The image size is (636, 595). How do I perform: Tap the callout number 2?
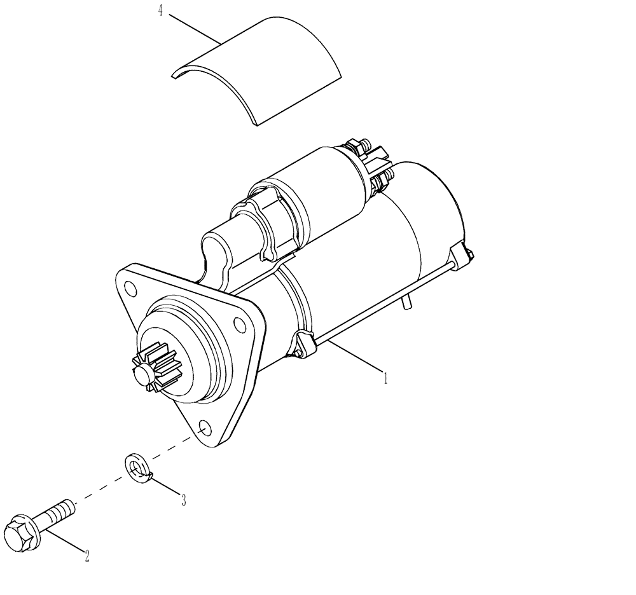tap(86, 556)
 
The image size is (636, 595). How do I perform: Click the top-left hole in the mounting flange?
tap(130, 289)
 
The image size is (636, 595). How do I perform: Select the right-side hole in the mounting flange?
tap(240, 326)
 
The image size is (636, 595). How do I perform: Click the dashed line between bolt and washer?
tap(102, 488)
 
